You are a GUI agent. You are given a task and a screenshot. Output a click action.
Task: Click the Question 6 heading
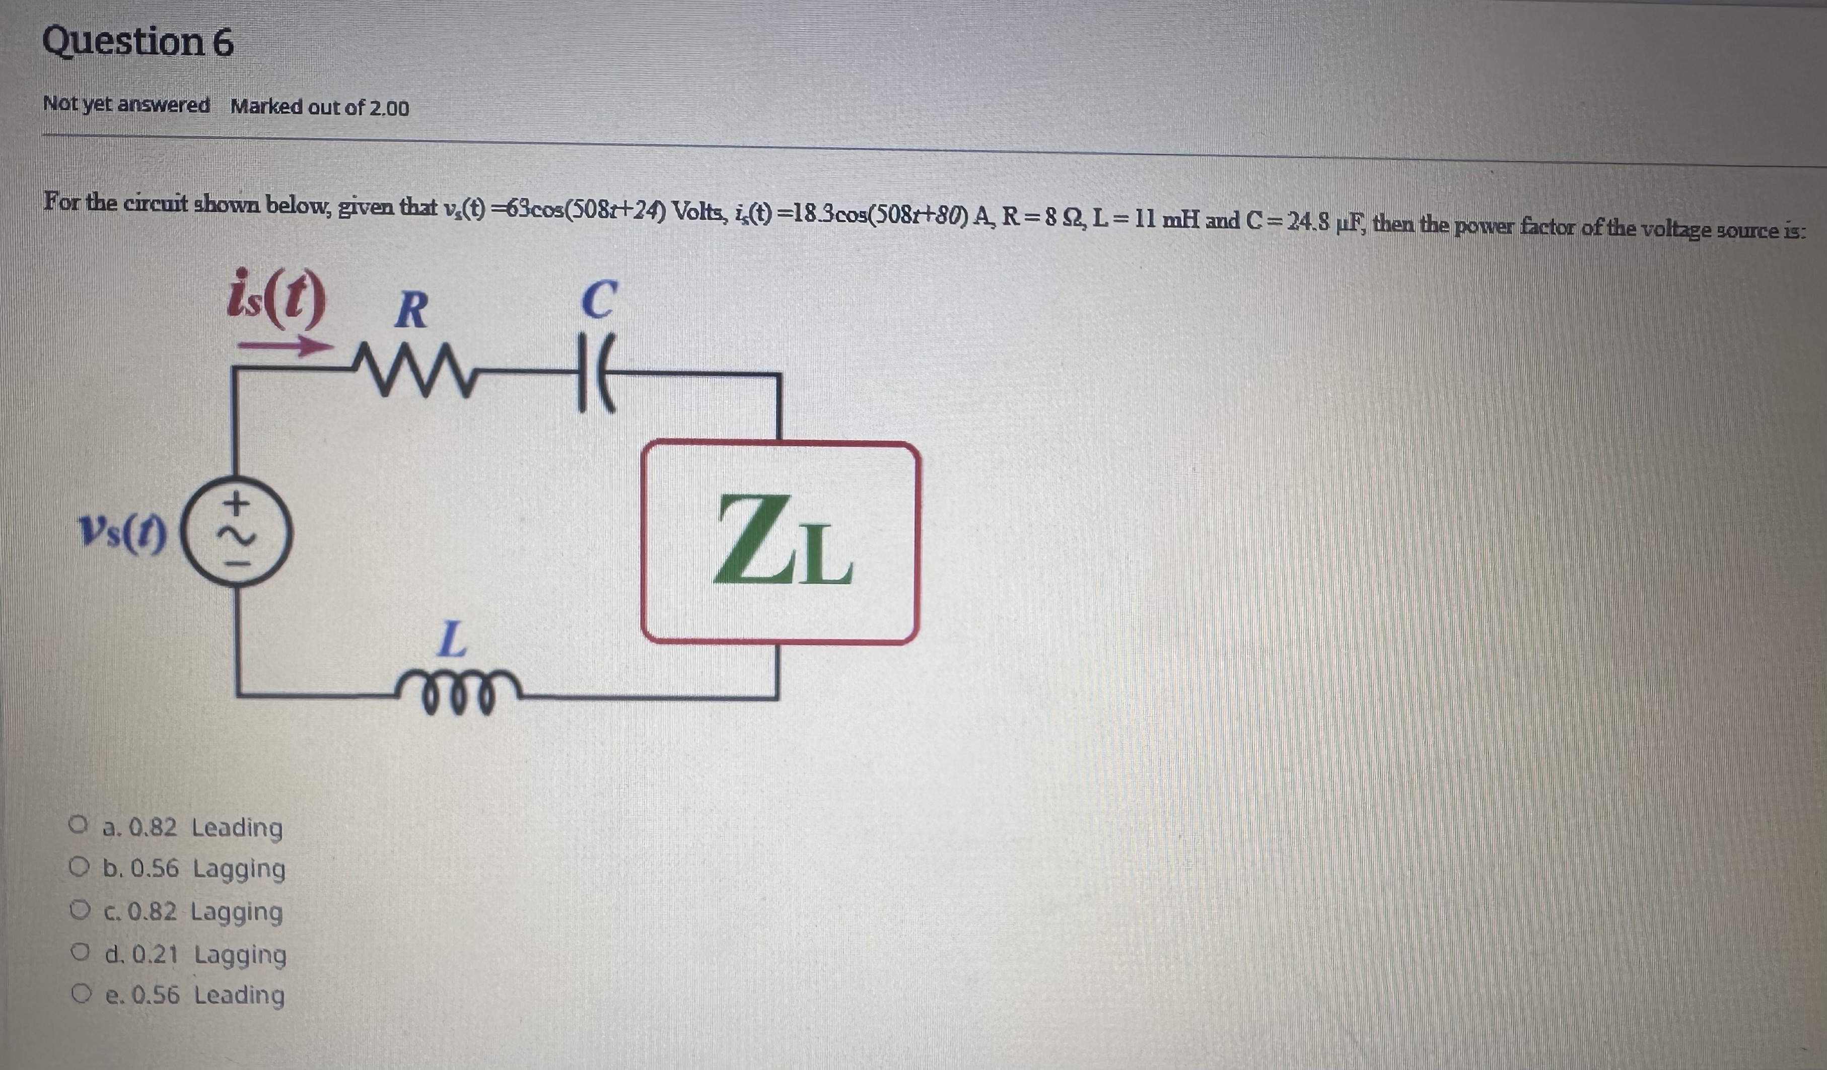138,42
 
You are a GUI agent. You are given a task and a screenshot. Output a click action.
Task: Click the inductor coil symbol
454,696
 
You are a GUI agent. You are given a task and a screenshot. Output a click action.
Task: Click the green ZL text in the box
783,541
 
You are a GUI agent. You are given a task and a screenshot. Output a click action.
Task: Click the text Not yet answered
126,106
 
